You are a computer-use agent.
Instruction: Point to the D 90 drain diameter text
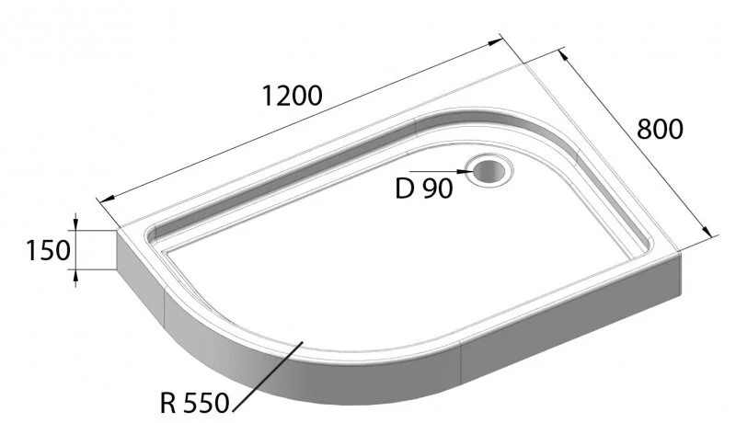424,189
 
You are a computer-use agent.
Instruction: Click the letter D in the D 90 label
403,189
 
